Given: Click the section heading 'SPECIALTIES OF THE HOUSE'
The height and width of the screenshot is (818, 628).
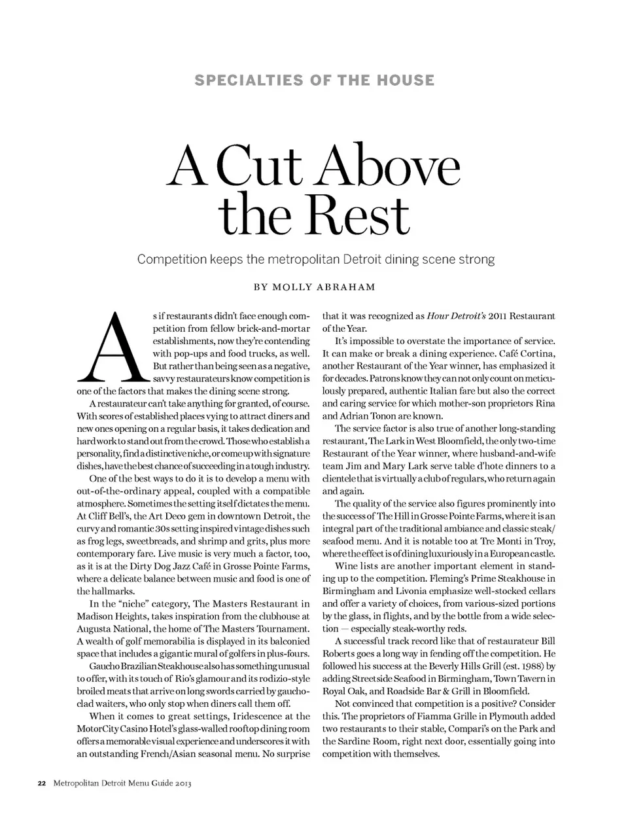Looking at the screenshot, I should (x=315, y=80).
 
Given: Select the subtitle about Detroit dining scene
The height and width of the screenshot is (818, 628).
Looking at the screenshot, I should (x=315, y=259).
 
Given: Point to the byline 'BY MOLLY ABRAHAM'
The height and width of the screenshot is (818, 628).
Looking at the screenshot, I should (x=315, y=287).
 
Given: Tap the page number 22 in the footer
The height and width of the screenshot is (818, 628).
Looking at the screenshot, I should (x=41, y=783).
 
